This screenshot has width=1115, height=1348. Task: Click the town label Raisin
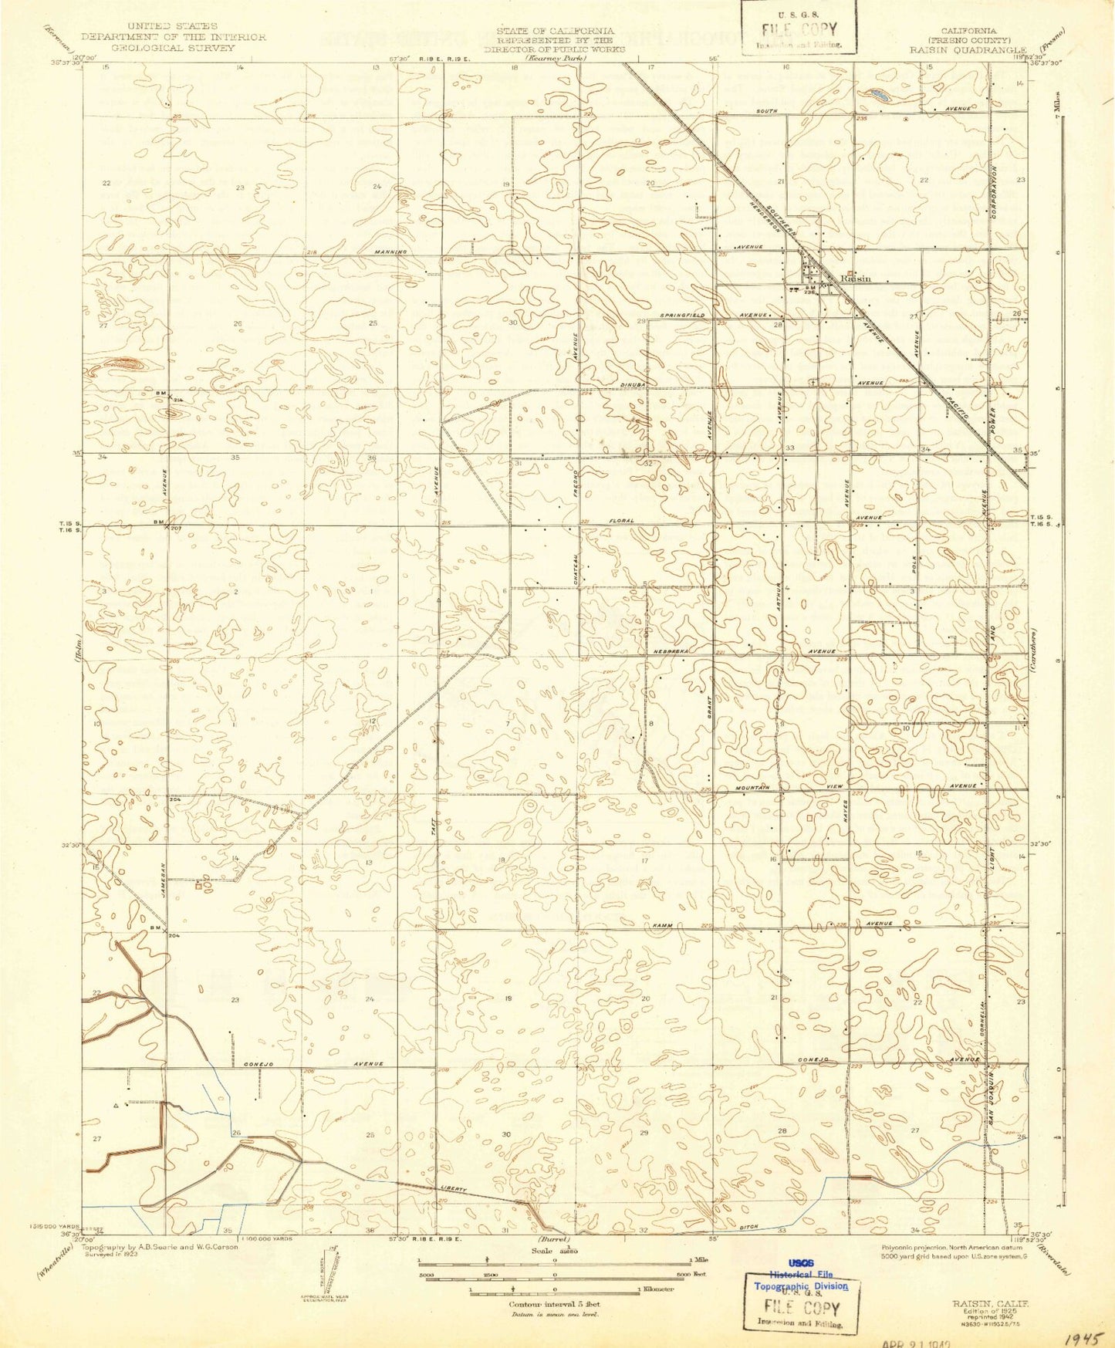tap(856, 279)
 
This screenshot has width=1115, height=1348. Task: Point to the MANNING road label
tap(390, 252)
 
